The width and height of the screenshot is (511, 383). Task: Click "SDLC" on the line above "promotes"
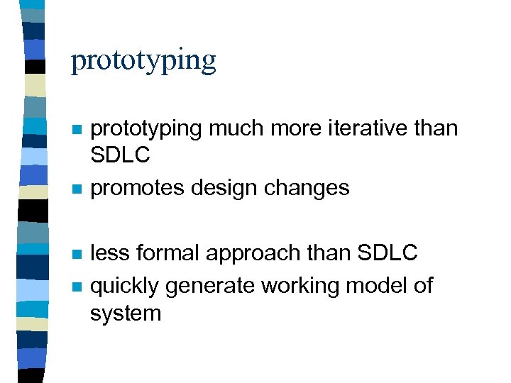tap(120, 155)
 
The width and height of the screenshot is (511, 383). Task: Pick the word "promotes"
tap(135, 189)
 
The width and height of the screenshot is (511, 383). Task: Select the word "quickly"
tap(126, 287)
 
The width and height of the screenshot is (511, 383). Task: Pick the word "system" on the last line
tap(126, 314)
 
